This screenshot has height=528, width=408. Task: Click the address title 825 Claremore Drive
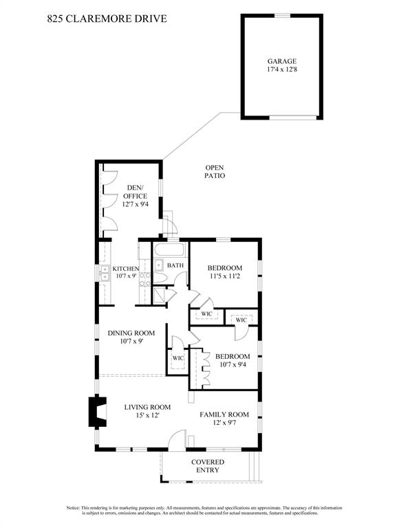107,19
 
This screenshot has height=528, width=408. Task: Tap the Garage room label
282,61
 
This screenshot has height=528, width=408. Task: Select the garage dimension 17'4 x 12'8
282,69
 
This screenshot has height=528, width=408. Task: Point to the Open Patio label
215,171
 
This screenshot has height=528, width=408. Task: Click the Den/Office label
135,192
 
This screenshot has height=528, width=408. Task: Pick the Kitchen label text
126,269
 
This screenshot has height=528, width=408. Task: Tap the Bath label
175,265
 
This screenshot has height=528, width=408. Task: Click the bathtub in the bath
170,250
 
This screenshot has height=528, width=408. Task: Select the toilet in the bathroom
160,278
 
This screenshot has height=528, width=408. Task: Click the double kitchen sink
105,273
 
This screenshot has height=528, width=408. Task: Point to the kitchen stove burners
145,279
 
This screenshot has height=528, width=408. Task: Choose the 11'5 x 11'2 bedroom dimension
224,276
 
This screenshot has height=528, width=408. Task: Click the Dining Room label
131,333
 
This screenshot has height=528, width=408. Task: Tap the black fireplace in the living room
98,412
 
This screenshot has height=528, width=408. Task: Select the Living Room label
147,407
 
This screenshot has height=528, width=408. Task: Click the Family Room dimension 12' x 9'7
224,423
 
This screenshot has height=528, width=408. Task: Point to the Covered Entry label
208,466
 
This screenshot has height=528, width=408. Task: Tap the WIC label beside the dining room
178,358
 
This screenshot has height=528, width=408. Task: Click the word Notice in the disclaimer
73,507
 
